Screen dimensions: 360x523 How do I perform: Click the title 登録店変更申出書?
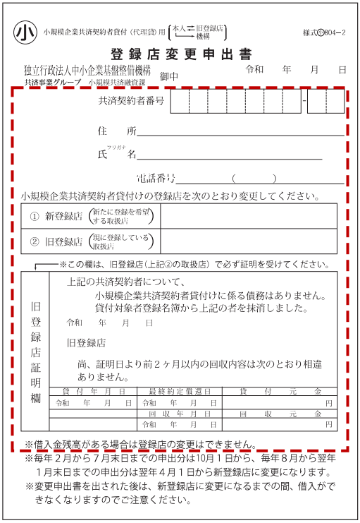coord(180,54)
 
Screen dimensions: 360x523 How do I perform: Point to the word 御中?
coord(169,76)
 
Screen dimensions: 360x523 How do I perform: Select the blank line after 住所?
coord(240,132)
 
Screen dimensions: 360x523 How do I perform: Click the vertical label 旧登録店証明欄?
coord(35,353)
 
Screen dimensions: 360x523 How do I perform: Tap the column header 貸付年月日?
coord(94,391)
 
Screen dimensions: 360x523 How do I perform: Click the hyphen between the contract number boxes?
coord(303,101)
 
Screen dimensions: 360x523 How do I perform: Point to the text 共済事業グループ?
coord(52,83)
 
